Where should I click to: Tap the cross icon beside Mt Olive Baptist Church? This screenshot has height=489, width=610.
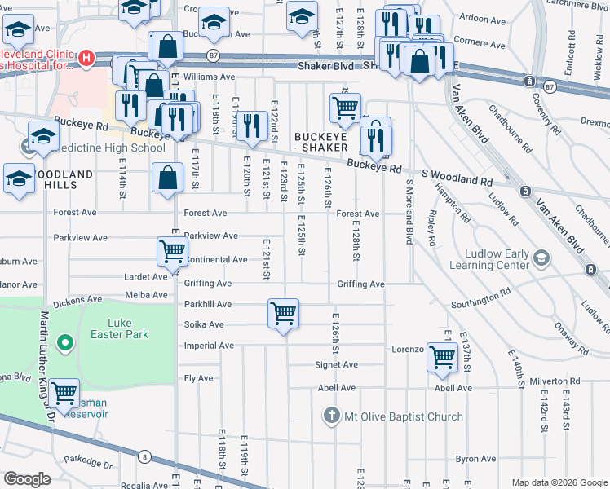(x=331, y=416)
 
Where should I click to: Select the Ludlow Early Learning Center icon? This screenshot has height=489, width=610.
(x=540, y=258)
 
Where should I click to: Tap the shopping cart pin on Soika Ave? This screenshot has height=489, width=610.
(x=283, y=313)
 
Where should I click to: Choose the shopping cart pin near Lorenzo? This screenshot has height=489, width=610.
(x=442, y=357)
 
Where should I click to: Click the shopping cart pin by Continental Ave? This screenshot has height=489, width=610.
(x=173, y=252)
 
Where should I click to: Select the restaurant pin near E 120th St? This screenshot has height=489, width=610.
(x=252, y=126)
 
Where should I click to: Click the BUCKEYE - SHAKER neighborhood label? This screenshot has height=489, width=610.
(x=320, y=142)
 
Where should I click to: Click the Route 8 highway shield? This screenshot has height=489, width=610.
(x=144, y=457)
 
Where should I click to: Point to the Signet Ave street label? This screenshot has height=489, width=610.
(x=337, y=364)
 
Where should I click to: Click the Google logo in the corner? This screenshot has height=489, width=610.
(x=27, y=479)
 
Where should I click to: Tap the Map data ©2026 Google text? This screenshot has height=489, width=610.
(x=559, y=482)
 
